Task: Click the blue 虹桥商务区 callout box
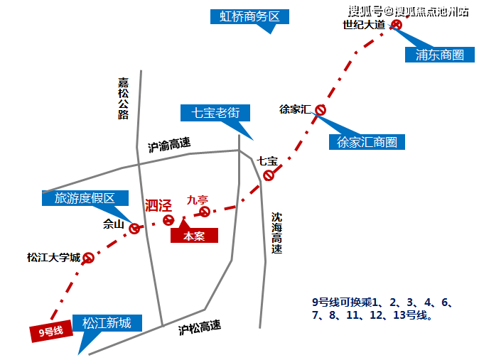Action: [x=249, y=16]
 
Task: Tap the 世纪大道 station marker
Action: [x=397, y=25]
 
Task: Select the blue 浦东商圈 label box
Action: [x=440, y=55]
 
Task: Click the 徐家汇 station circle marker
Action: [x=321, y=110]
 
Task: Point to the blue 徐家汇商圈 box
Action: [x=367, y=142]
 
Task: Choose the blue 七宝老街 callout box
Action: [x=215, y=113]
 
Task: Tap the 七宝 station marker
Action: [x=269, y=175]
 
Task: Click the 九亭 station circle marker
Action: [x=205, y=212]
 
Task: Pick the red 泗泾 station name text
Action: [x=158, y=205]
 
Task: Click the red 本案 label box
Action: [x=194, y=236]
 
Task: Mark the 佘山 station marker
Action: [x=134, y=228]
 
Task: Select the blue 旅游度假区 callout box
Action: [x=85, y=198]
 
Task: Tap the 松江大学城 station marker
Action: [x=88, y=258]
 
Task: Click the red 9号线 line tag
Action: [x=51, y=331]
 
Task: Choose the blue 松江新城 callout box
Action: [x=107, y=323]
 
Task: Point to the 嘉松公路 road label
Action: [x=124, y=98]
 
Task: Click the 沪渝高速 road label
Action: [x=169, y=145]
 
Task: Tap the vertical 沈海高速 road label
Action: [x=276, y=233]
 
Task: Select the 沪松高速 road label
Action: [x=200, y=327]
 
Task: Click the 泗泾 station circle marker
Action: [x=168, y=220]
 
